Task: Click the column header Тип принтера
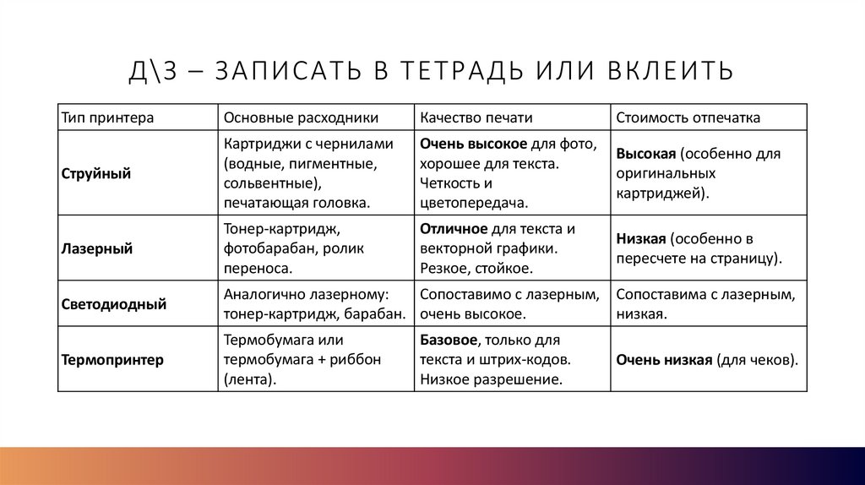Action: (107, 117)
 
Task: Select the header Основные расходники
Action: (301, 117)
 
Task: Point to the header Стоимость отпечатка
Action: (688, 117)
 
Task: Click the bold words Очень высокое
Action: (474, 144)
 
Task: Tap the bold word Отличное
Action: (454, 229)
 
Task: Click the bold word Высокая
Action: (646, 155)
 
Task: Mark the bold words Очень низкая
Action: (664, 360)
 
